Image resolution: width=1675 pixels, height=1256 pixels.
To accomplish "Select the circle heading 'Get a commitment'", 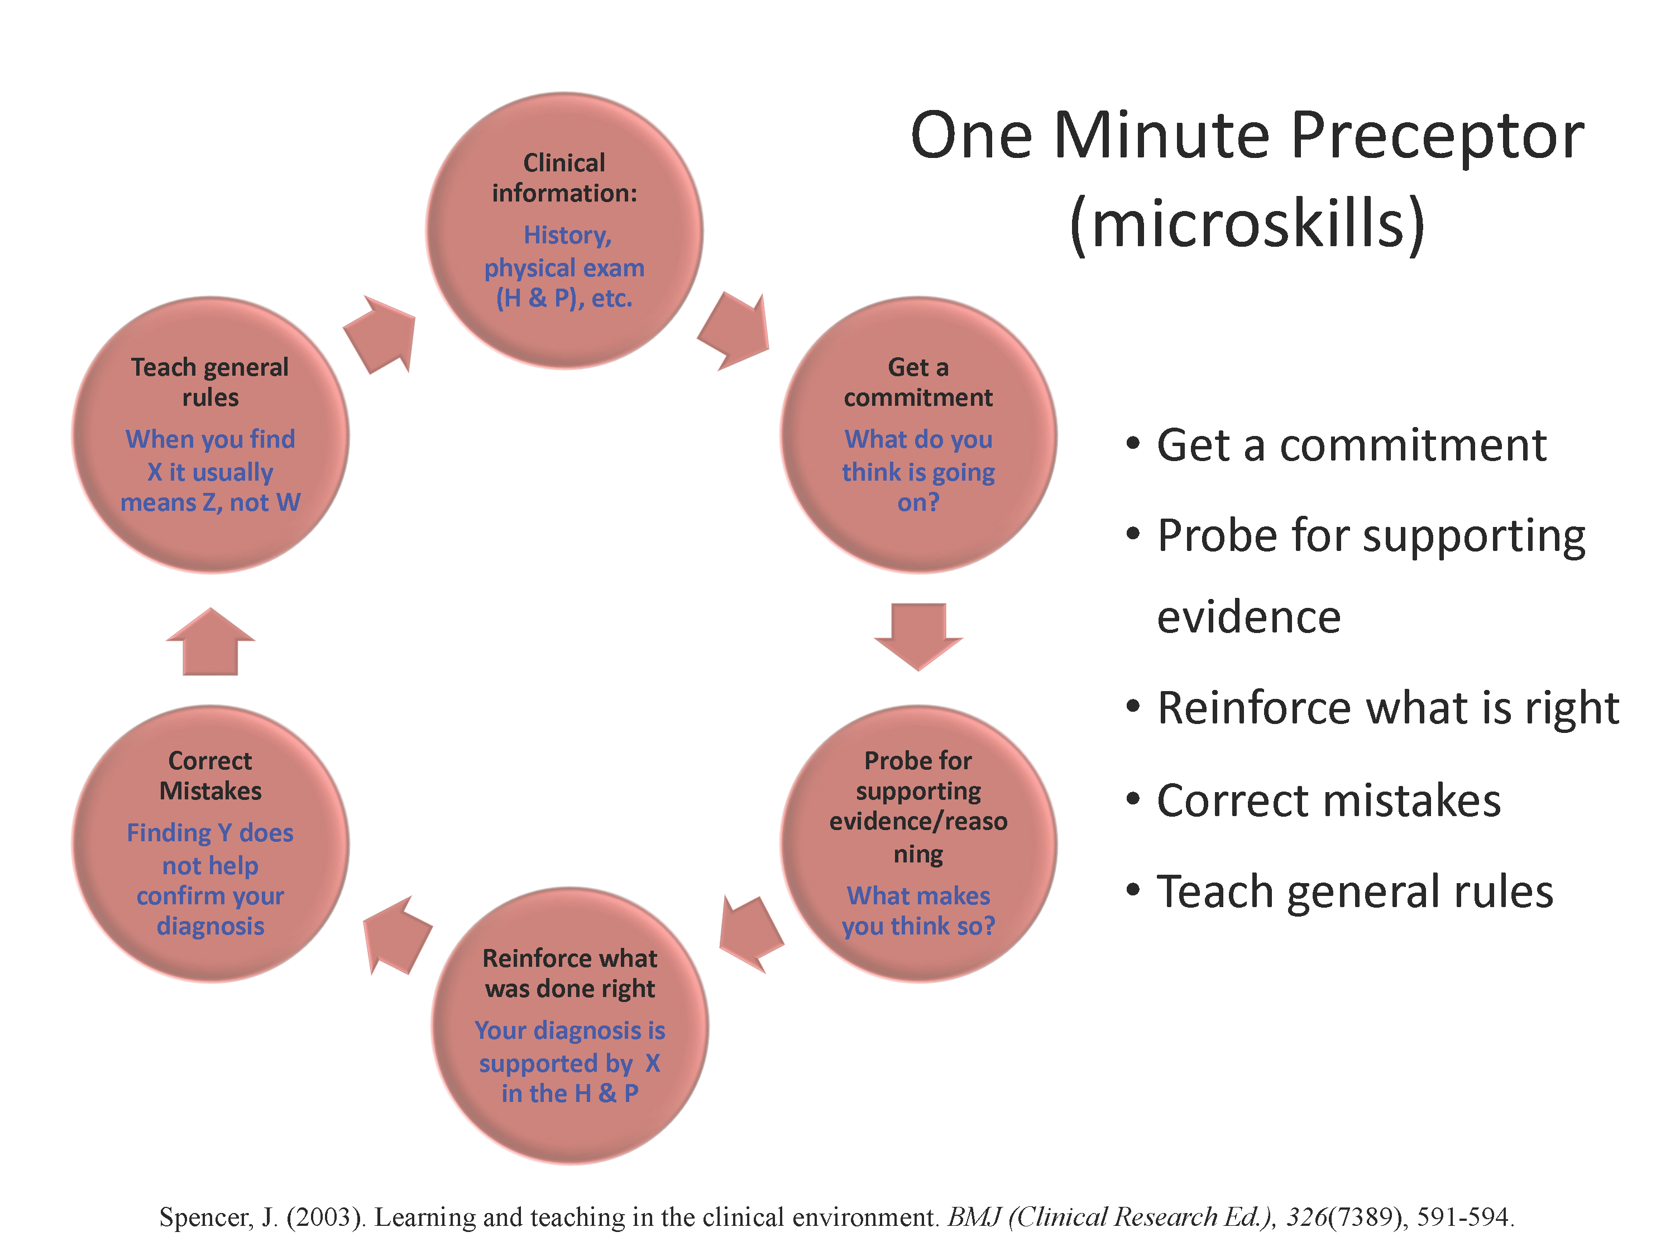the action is coord(918,382).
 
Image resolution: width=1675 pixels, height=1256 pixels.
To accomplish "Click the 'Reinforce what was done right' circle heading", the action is coord(570,974).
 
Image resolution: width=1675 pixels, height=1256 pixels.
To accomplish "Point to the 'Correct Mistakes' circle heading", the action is coord(210,776).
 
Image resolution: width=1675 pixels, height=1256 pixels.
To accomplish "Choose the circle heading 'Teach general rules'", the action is coord(210,382).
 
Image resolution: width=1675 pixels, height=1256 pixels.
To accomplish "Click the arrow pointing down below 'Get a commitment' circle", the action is coord(918,636).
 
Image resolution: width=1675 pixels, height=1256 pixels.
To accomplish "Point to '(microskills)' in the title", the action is coord(1247,223).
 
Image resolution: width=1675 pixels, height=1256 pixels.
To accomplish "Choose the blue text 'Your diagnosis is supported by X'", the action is coord(570,1047).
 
